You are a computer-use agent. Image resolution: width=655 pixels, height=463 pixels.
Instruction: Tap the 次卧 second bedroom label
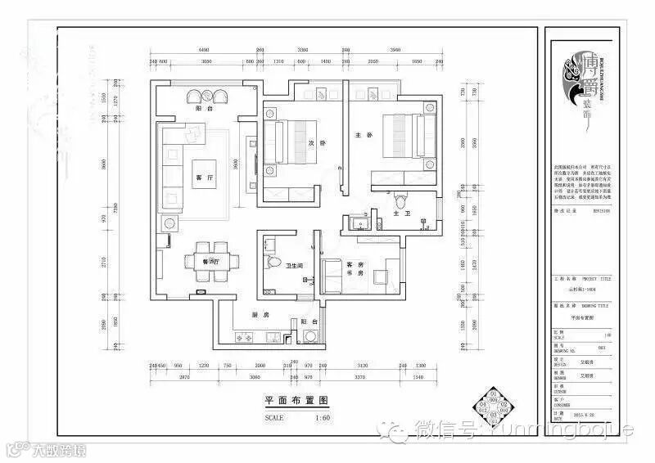tap(310, 144)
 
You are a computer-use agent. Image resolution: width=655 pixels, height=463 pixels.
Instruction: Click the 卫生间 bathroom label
tap(295, 266)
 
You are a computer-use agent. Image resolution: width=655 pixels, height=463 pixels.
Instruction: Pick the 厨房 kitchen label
tap(260, 314)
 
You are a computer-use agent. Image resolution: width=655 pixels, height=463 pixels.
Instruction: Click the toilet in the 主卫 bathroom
tap(400, 200)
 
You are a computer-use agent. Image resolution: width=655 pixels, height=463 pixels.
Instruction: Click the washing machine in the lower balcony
tap(310, 336)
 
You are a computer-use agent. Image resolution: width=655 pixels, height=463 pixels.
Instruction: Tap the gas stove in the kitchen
tap(243, 336)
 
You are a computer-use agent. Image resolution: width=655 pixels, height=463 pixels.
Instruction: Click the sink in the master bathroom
tap(357, 223)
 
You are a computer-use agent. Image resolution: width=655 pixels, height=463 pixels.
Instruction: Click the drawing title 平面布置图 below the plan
tap(296, 401)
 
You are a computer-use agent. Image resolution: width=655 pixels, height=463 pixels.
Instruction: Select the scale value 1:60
tap(322, 417)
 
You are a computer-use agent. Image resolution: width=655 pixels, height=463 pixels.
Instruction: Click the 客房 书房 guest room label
tap(355, 269)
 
